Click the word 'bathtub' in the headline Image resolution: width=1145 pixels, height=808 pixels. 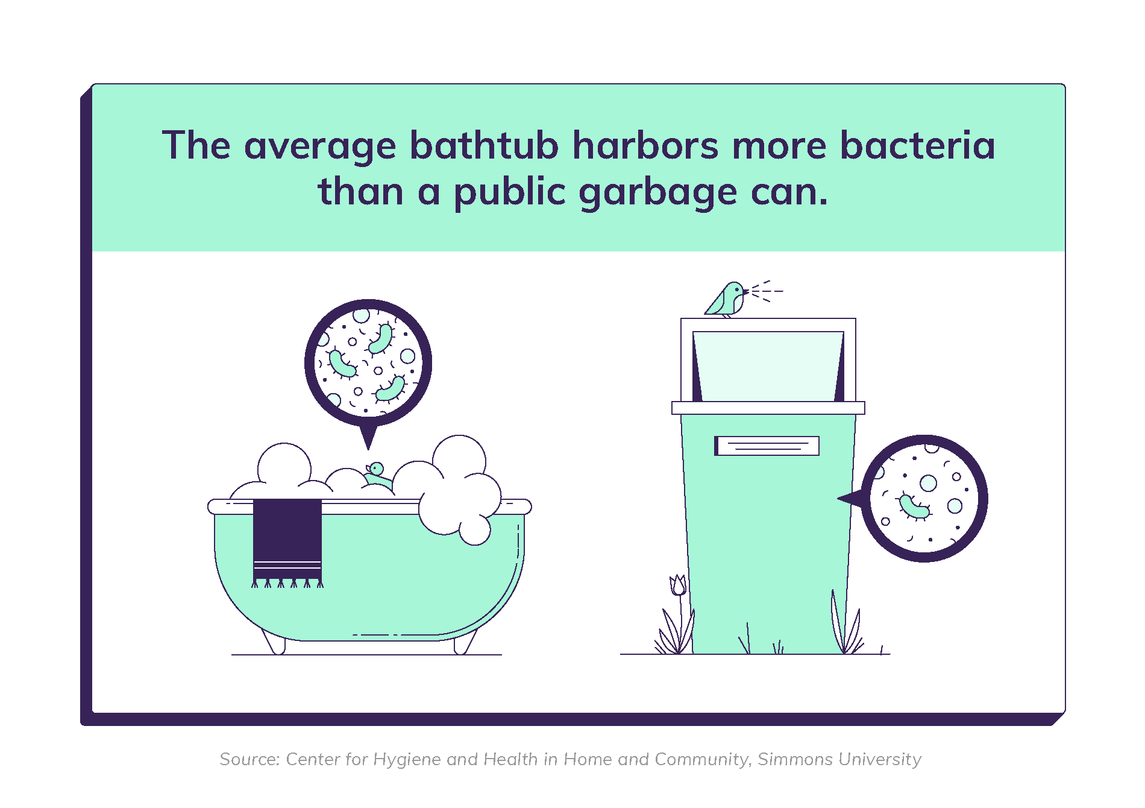click(x=484, y=145)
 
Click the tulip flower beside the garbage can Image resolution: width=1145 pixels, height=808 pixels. click(x=679, y=585)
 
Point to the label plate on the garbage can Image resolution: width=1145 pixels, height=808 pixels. click(x=767, y=446)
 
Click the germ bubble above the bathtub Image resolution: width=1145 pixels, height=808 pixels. click(x=368, y=365)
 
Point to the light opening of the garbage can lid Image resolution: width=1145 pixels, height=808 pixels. click(x=768, y=366)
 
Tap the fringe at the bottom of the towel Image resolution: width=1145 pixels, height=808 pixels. click(x=287, y=583)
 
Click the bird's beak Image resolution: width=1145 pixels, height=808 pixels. click(x=746, y=292)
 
